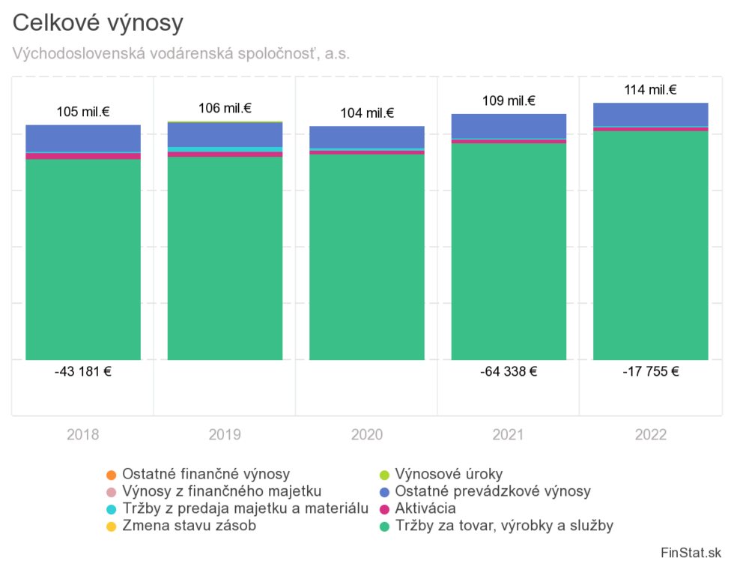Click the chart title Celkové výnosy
(98, 23)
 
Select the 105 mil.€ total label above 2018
(83, 112)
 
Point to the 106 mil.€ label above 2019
(225, 109)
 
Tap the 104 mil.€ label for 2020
(367, 113)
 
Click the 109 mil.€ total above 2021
(509, 101)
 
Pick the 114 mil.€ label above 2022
(651, 90)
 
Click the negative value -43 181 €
(83, 371)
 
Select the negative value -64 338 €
(509, 371)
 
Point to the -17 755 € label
(651, 371)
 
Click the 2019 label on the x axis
(225, 435)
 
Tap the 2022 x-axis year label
(651, 435)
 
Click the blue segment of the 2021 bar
(509, 126)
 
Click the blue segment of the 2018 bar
(83, 138)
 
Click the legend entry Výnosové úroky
(449, 474)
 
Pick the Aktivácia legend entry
(425, 508)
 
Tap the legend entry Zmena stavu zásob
(189, 526)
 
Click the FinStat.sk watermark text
(691, 553)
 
